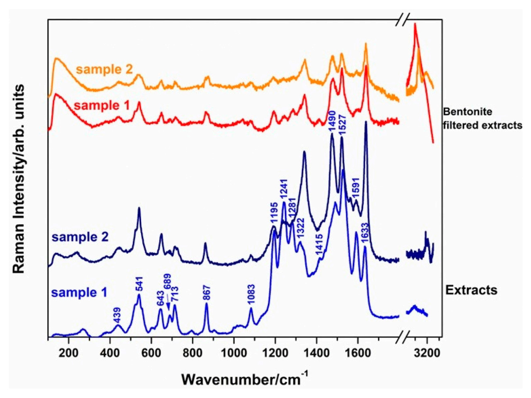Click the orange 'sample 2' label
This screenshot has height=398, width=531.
[x=105, y=69]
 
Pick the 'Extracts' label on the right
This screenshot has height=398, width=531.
[x=471, y=290]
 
